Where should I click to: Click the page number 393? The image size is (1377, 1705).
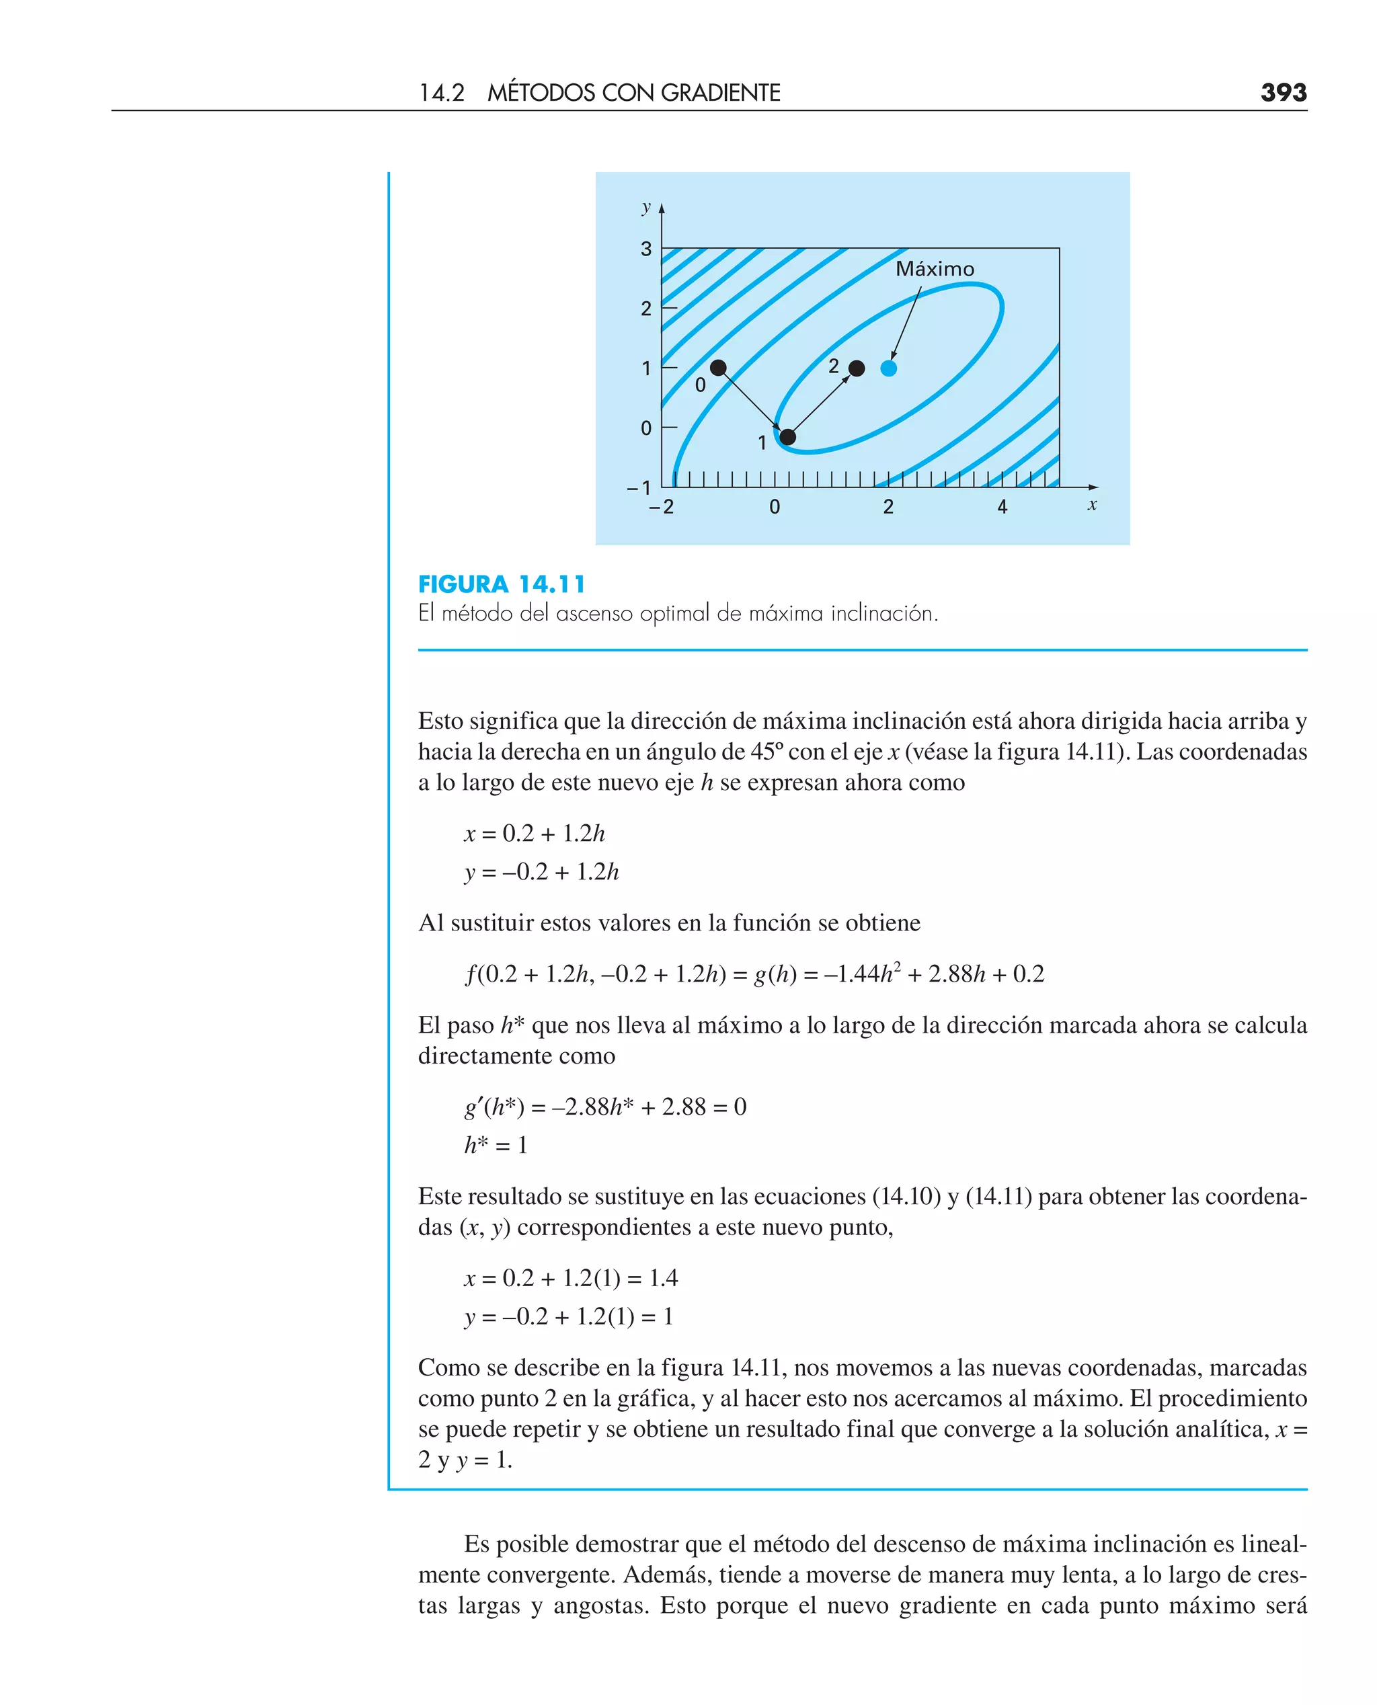click(1283, 93)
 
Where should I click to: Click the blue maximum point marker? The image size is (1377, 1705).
click(888, 368)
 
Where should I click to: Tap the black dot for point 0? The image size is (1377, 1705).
click(718, 367)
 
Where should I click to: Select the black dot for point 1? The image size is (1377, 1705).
click(787, 437)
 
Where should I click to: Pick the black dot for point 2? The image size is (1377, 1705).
click(857, 368)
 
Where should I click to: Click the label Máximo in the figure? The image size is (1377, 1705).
click(935, 269)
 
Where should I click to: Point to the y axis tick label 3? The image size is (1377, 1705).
click(645, 249)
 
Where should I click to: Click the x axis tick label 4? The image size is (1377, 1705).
click(1002, 507)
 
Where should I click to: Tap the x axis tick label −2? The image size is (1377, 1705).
click(662, 507)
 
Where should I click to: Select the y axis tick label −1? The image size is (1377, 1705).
click(639, 487)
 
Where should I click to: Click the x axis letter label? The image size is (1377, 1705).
click(1092, 504)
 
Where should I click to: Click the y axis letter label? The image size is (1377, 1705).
click(645, 207)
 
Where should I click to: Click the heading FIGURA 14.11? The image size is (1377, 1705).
click(502, 584)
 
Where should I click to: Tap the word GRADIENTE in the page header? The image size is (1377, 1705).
click(720, 93)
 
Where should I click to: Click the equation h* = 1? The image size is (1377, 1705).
click(496, 1145)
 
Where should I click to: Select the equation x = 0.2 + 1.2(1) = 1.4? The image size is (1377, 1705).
click(571, 1277)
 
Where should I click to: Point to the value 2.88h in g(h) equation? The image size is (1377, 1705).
click(957, 974)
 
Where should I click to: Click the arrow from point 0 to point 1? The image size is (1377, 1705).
click(751, 401)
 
